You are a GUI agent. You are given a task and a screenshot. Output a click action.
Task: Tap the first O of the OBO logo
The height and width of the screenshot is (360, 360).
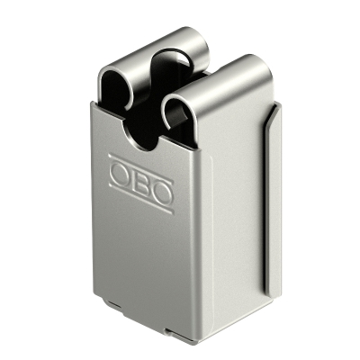120,174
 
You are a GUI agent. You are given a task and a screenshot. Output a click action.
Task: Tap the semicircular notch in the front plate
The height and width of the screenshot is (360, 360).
140,142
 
